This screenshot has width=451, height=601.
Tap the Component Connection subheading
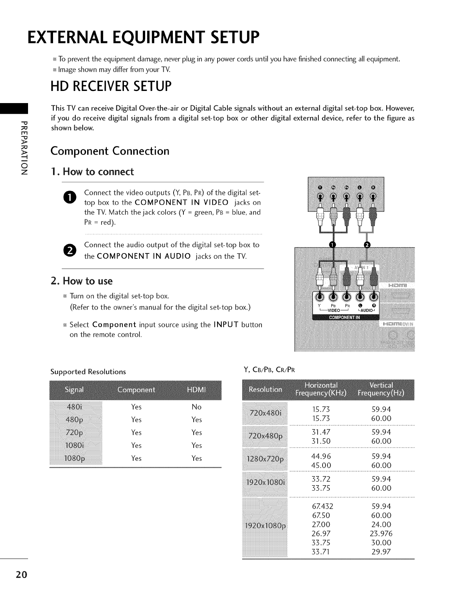coord(110,151)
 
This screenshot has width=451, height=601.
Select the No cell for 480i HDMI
coord(196,407)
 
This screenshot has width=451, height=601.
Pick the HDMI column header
coord(196,390)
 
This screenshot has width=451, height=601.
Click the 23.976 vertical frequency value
coord(381,534)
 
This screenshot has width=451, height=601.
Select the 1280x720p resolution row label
coord(265,460)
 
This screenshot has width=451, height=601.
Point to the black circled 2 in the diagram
coord(366,245)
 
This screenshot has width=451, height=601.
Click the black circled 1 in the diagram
coord(332,245)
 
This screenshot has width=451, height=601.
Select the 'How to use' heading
coord(81,281)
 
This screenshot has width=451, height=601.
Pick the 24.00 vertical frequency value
coord(381,524)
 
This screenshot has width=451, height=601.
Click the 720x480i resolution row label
coord(265,413)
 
